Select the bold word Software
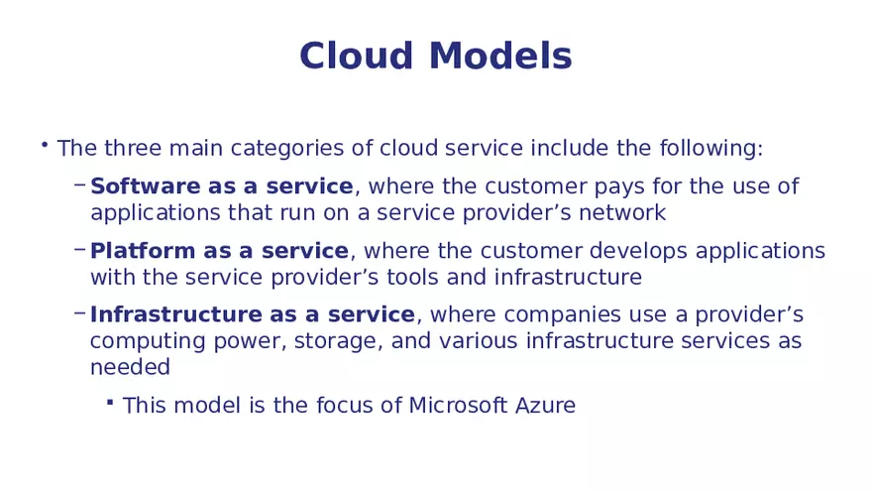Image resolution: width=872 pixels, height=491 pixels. coord(143,186)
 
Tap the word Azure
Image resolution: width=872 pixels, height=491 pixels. coord(546,406)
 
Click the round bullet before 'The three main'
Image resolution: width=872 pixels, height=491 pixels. coord(45,147)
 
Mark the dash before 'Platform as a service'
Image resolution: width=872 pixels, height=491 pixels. coord(78,250)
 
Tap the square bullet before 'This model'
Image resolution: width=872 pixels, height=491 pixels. coord(111,404)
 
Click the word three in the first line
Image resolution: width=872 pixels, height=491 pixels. coord(132,149)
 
